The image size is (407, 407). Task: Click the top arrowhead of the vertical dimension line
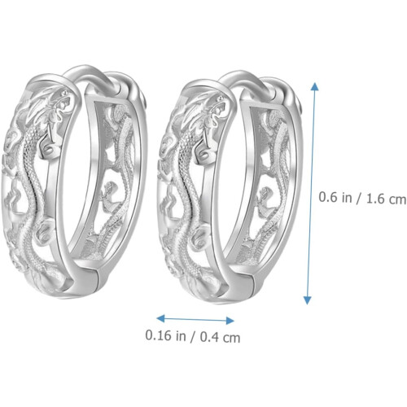pyautogui.click(x=314, y=86)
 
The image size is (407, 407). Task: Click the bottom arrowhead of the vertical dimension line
pyautogui.click(x=307, y=300)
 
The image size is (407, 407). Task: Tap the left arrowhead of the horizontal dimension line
pyautogui.click(x=161, y=318)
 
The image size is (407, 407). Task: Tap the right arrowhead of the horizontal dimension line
pyautogui.click(x=230, y=321)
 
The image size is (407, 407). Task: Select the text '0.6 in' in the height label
pyautogui.click(x=335, y=197)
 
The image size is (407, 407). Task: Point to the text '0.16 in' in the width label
pyautogui.click(x=165, y=335)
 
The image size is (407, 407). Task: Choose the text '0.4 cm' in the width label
pyautogui.click(x=221, y=338)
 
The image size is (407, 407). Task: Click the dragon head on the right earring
pyautogui.click(x=214, y=112)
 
